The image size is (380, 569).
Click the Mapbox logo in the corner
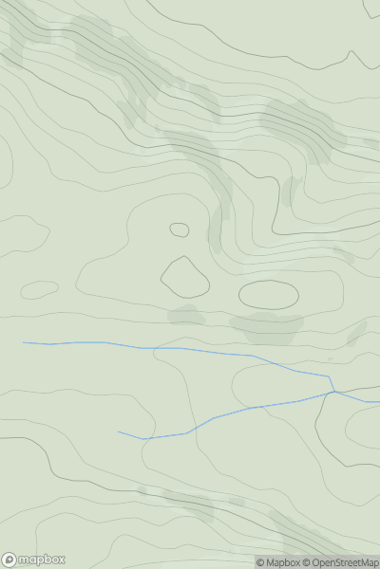coord(33,560)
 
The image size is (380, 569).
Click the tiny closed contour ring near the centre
coord(180,229)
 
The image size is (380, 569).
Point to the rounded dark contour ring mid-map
coord(185,277)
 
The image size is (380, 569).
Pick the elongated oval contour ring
coord(269,295)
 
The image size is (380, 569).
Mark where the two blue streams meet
coord(333,391)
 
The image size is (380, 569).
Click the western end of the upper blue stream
coord(25,342)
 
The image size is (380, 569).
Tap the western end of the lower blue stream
coord(120,432)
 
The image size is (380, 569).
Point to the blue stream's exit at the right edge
coord(377,402)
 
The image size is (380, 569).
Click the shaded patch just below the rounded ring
coord(187,314)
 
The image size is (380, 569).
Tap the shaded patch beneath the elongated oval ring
coord(267,328)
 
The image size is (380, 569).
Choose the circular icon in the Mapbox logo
coord(9,560)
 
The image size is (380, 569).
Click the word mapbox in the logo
coord(41,560)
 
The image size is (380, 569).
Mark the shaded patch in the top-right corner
coord(371,9)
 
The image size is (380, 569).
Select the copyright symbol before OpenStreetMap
coord(307,562)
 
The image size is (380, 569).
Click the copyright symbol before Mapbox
coord(260,562)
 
